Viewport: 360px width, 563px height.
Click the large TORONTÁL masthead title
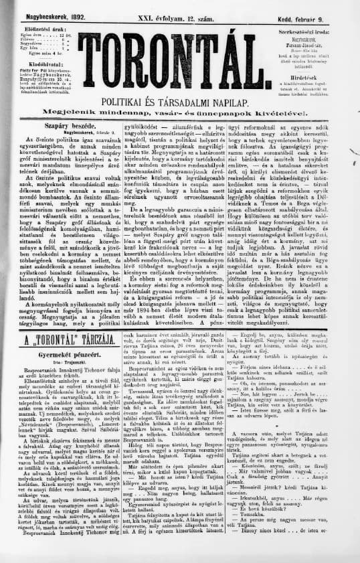(179, 61)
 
